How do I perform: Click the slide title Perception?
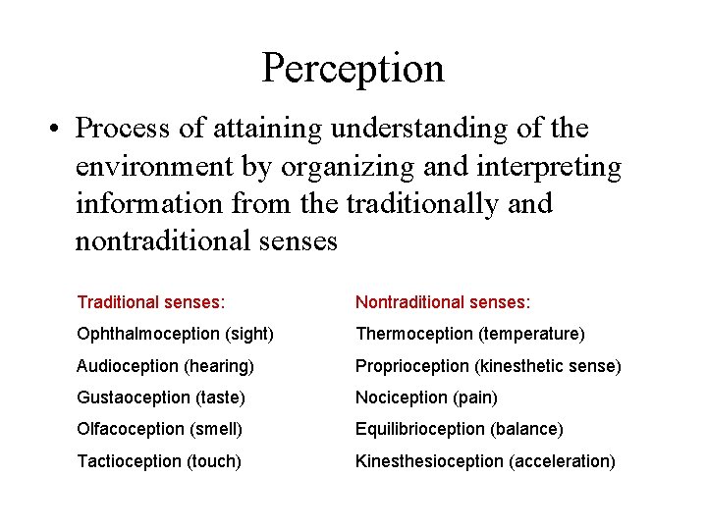tap(353, 68)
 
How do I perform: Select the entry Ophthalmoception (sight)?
tap(175, 335)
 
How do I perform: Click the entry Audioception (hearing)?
tap(165, 366)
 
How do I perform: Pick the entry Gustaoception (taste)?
tap(161, 397)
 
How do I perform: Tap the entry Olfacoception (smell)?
tap(159, 429)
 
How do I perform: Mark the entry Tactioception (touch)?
tap(158, 460)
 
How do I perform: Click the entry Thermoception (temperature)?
tap(469, 335)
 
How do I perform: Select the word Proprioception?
tap(412, 366)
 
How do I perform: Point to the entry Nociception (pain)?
tap(426, 397)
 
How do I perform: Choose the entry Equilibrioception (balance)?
tap(459, 429)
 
